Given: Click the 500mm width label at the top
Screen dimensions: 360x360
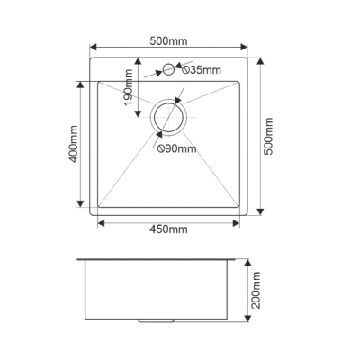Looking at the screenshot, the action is [x=168, y=40].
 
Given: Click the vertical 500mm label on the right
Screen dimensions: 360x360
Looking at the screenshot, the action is [x=269, y=136].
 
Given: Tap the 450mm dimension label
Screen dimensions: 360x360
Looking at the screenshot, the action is [x=168, y=229].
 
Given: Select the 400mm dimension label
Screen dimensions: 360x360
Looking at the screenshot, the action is [x=73, y=144].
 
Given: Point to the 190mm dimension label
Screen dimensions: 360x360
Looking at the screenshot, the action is [x=129, y=87].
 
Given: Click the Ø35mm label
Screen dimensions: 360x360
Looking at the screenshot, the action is [x=202, y=70].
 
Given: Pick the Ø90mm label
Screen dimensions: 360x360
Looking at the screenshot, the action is [x=177, y=148].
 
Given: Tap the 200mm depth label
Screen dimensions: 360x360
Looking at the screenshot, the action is [x=256, y=290].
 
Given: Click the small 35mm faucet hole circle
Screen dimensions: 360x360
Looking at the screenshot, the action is [x=168, y=64].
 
